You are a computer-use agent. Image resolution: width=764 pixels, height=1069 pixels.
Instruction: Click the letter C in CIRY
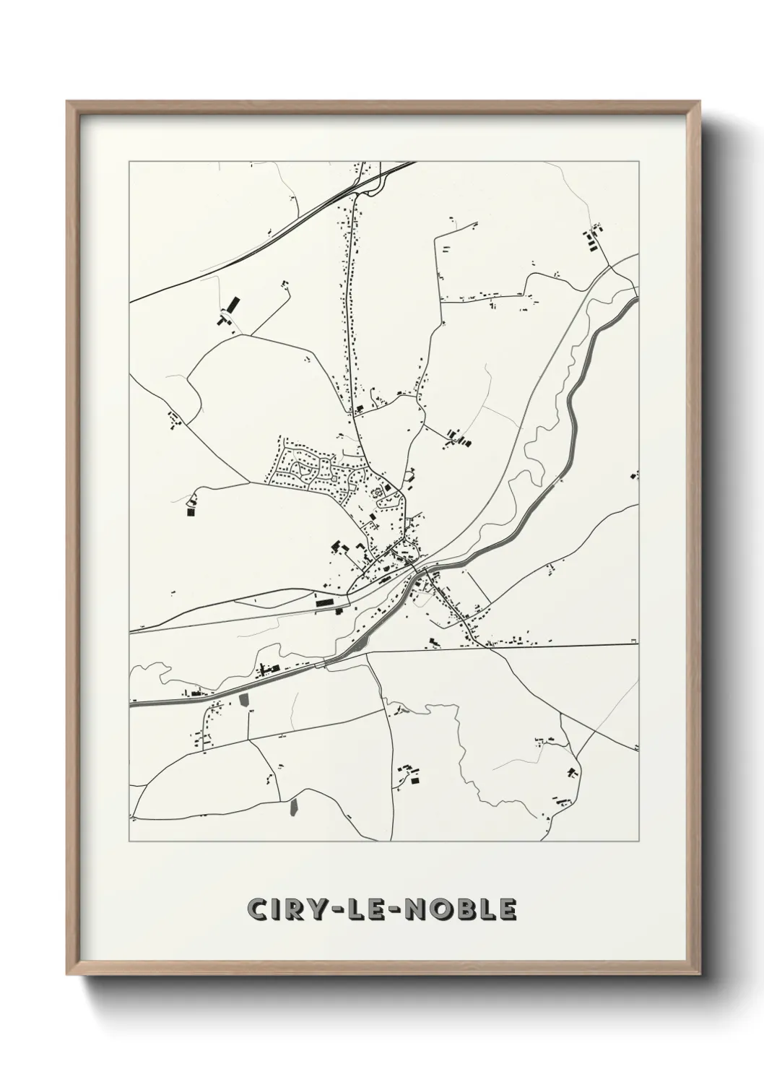(x=257, y=909)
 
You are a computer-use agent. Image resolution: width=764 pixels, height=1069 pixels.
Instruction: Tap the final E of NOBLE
(x=507, y=909)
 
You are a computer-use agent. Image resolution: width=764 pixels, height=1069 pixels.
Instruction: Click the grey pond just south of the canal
(x=243, y=700)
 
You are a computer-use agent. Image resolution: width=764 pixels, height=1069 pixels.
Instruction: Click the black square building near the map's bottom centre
(x=414, y=779)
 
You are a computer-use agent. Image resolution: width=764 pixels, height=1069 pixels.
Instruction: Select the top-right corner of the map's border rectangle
(x=639, y=161)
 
